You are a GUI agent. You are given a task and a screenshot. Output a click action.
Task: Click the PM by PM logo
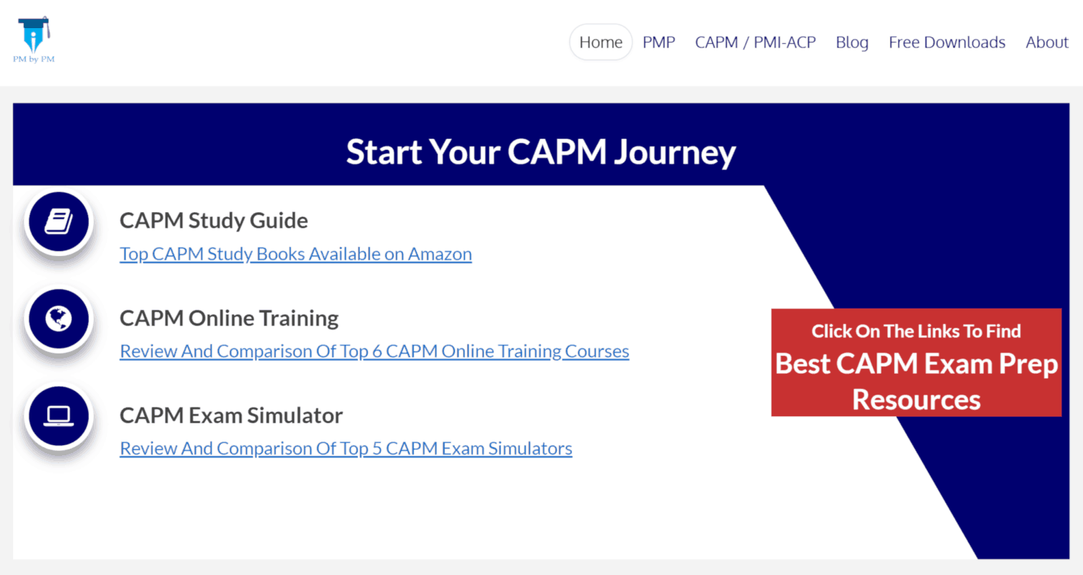tap(34, 40)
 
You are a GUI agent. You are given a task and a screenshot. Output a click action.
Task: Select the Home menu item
tap(601, 42)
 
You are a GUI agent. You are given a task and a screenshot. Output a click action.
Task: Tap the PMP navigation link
tap(658, 43)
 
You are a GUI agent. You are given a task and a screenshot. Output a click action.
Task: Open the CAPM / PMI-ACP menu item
tap(755, 43)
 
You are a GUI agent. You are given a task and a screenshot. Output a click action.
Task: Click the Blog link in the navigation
tap(852, 43)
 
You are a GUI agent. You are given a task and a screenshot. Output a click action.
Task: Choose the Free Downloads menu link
tap(947, 43)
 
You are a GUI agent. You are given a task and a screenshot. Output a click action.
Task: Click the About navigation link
tap(1047, 43)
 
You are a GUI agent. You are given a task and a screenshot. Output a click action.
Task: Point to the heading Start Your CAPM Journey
tap(541, 152)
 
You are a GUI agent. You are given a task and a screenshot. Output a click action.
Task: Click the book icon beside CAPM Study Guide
tap(59, 221)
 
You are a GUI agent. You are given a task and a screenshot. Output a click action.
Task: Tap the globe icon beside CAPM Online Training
tap(59, 319)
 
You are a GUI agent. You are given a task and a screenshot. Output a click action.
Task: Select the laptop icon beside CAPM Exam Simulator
tap(59, 416)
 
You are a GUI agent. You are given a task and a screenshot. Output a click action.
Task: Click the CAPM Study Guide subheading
tap(214, 221)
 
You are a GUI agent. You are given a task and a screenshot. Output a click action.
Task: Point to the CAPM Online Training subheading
tap(229, 318)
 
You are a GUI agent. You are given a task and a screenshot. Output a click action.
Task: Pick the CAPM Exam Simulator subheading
tap(231, 415)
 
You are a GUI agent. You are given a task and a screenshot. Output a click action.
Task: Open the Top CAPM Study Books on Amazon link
tap(296, 254)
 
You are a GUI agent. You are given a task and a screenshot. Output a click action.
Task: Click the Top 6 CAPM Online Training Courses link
tap(374, 351)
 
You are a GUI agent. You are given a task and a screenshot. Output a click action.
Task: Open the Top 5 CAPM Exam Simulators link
tap(346, 449)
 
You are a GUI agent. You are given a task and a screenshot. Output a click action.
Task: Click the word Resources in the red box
tap(916, 400)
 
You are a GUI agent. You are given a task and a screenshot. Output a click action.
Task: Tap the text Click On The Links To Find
tap(916, 331)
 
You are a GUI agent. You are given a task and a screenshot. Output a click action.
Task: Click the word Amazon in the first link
tap(440, 254)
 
